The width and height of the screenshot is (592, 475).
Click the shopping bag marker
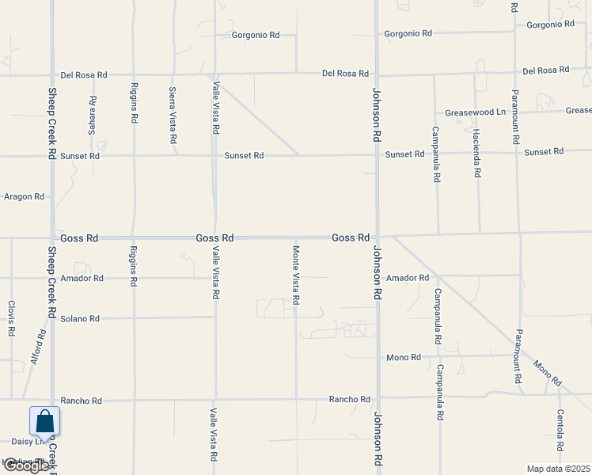tap(44, 422)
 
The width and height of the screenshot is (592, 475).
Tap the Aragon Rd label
tap(24, 196)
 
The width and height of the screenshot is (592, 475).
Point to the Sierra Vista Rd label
tap(173, 115)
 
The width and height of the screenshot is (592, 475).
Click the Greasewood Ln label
tap(475, 112)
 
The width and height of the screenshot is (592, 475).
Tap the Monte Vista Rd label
tap(295, 275)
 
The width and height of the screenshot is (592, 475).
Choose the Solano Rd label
tap(80, 318)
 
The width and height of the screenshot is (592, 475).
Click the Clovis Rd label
tap(11, 317)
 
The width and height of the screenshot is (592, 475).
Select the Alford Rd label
tap(37, 346)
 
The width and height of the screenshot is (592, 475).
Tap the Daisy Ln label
tap(26, 442)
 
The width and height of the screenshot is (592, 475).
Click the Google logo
tap(26, 465)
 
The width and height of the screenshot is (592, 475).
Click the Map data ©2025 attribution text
tap(559, 469)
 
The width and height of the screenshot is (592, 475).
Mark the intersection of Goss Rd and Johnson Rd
tap(377, 237)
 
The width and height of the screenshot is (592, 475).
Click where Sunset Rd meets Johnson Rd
tap(377, 154)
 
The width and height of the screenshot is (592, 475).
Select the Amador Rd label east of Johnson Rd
tap(408, 278)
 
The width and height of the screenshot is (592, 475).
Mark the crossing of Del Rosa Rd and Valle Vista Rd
tap(215, 75)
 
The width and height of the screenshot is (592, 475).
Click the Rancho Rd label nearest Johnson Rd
tap(350, 400)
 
